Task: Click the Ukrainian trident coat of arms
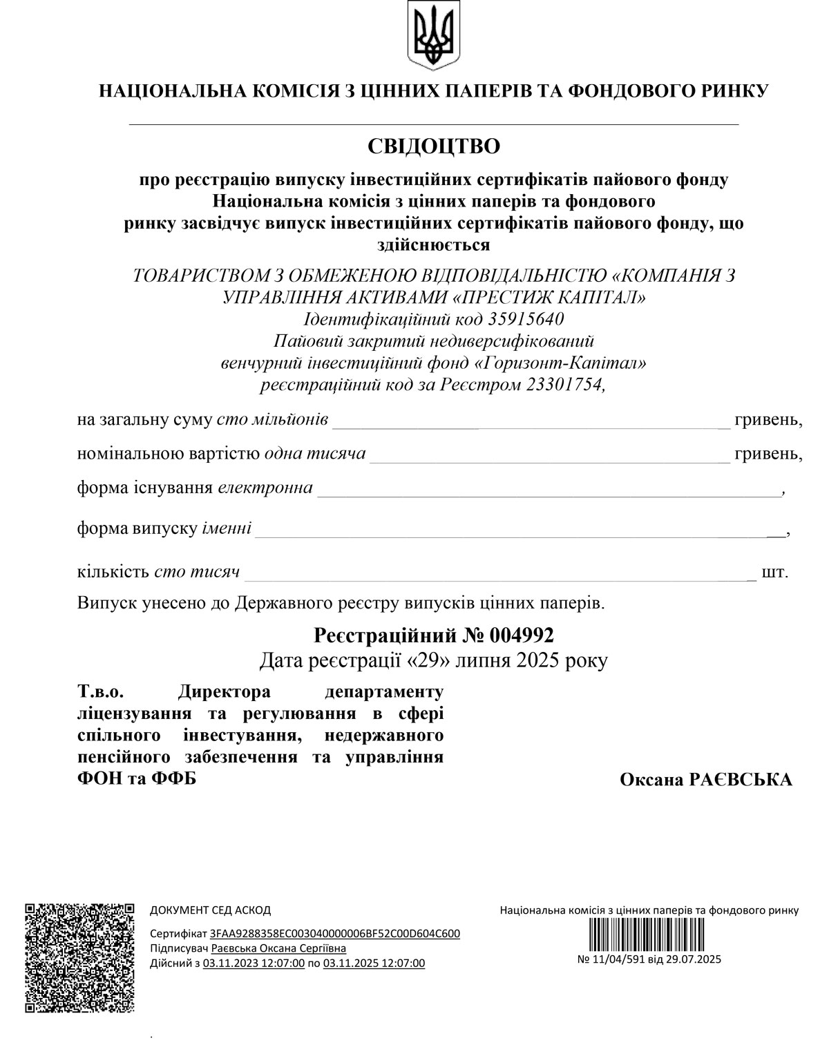[x=433, y=35]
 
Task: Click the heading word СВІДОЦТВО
[x=433, y=146]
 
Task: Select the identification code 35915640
[x=526, y=319]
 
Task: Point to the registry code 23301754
[x=564, y=384]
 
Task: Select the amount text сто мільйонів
[x=272, y=420]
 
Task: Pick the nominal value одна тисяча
[x=315, y=454]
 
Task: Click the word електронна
[x=265, y=488]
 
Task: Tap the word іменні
[x=227, y=529]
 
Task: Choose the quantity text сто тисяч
[x=198, y=572]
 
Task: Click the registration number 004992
[x=522, y=634]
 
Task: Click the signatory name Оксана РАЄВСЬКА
[x=706, y=780]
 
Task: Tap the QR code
[x=79, y=957]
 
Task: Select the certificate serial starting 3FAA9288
[x=335, y=934]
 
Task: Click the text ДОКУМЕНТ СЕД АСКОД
[x=210, y=910]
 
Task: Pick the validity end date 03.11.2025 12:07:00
[x=374, y=963]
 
